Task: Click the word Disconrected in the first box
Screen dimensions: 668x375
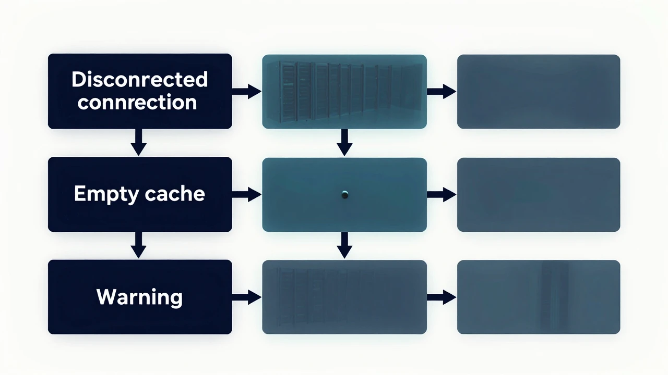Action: [x=139, y=79]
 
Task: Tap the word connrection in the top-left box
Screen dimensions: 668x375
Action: [x=137, y=102]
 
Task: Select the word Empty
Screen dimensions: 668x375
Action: [x=106, y=194]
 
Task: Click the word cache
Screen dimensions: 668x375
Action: [x=175, y=193]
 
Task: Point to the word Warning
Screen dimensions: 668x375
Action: [x=139, y=297]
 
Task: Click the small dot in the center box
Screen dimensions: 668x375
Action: [x=345, y=195]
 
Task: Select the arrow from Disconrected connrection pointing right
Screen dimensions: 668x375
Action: [x=247, y=91]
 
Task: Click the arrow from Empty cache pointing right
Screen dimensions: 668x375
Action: [x=247, y=195]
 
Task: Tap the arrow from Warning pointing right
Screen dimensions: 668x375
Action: [x=247, y=297]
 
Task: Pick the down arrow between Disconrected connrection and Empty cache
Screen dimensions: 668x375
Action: [x=139, y=142]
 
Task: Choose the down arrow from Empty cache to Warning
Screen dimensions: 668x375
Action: [x=139, y=245]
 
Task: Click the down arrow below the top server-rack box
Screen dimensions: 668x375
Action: [x=345, y=143]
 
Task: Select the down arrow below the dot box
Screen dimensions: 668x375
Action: [x=345, y=245]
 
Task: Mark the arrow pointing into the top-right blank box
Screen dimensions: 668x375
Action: [x=442, y=91]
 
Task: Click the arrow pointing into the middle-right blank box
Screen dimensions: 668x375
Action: [x=442, y=195]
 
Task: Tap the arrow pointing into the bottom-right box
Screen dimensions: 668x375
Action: [x=442, y=297]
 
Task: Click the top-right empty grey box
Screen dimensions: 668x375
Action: [x=539, y=92]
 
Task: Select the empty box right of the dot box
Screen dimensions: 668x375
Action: [x=539, y=195]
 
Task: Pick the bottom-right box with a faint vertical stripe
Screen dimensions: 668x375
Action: [x=539, y=297]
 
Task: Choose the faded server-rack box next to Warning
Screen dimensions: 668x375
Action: [x=344, y=297]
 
